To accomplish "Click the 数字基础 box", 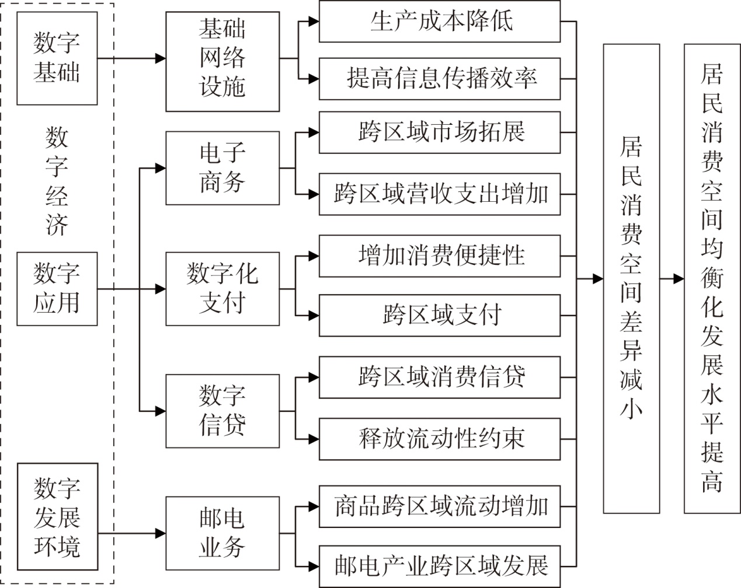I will click(x=57, y=58).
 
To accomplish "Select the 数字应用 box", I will click(x=57, y=289).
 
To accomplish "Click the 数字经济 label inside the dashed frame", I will click(x=57, y=181).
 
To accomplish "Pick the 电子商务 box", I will click(x=222, y=168).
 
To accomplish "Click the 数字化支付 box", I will click(x=222, y=289).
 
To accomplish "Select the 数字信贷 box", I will click(x=222, y=411).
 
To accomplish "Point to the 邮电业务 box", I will click(x=222, y=533).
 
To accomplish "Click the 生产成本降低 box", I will click(x=439, y=22).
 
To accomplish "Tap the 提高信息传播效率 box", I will click(x=439, y=78).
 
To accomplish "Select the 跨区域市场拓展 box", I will click(x=439, y=132).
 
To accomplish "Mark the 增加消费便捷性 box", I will click(x=439, y=256).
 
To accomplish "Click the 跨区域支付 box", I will click(x=439, y=316).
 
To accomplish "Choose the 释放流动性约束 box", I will click(x=439, y=439).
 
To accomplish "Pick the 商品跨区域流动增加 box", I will click(x=439, y=506).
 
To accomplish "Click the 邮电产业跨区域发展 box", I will click(x=439, y=566).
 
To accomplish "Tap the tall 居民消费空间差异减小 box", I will click(x=631, y=279).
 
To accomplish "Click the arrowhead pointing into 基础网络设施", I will click(x=161, y=58).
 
